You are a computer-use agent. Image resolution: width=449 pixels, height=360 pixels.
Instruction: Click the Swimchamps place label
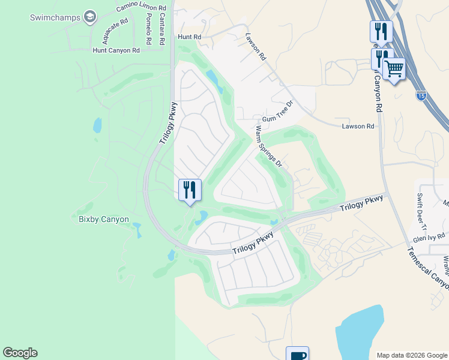(55, 17)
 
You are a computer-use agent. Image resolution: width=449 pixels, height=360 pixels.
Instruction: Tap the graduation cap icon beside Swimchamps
(90, 16)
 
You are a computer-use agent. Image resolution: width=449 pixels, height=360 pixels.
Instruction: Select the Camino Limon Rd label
(141, 7)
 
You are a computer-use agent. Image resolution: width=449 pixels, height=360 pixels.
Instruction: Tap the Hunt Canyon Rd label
(116, 50)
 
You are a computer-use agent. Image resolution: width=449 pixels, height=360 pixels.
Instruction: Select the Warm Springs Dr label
(268, 145)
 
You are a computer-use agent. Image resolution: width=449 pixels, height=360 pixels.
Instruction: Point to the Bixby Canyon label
(103, 219)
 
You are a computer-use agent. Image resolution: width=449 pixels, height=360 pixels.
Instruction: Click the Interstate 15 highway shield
(421, 95)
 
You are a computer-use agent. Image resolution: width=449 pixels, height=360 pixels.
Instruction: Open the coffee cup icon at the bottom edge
(297, 355)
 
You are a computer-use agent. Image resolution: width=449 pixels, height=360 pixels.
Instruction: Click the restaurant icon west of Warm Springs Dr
(190, 190)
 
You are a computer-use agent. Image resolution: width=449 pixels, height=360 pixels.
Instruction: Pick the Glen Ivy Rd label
(433, 236)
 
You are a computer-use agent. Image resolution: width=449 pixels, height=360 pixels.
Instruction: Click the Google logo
(20, 353)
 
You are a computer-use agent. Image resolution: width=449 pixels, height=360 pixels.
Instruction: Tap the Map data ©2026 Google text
(411, 355)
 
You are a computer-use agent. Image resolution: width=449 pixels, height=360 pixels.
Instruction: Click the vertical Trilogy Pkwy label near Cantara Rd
(169, 122)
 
